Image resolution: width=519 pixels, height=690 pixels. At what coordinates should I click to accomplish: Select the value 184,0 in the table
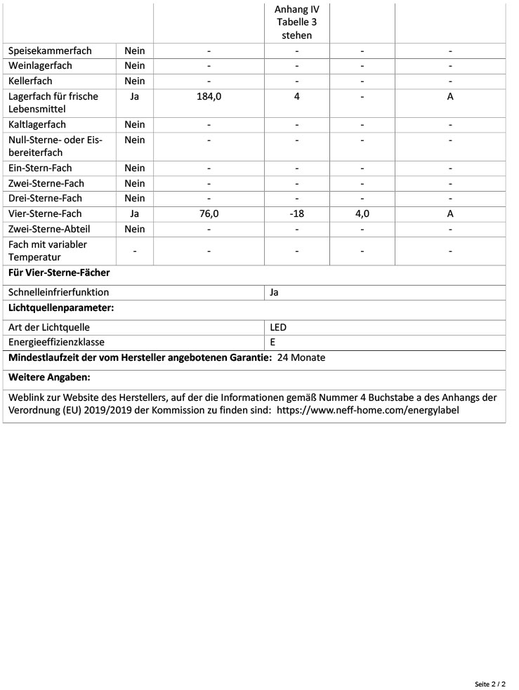[209, 97]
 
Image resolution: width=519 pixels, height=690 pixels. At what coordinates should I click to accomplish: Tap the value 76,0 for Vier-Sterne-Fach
[209, 214]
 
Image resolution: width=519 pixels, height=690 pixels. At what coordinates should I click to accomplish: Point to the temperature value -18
[296, 214]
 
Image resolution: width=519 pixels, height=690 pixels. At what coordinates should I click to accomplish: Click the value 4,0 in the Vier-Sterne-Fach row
[362, 214]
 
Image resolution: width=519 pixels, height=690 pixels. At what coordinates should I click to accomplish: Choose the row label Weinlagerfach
[40, 66]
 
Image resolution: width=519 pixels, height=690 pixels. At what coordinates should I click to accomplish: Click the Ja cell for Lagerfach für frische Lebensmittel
[134, 97]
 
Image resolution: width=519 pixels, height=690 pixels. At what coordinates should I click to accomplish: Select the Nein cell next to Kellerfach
[134, 81]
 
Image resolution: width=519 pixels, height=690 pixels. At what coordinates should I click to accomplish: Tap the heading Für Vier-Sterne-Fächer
[59, 272]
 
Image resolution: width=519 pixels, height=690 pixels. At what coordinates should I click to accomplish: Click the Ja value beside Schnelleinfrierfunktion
[275, 292]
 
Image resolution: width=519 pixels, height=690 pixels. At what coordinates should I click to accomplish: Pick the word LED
[278, 327]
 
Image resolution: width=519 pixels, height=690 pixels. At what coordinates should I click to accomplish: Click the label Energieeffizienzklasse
[56, 343]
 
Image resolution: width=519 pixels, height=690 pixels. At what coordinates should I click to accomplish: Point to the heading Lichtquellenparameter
[61, 307]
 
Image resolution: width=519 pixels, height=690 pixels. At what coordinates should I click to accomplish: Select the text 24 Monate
[301, 358]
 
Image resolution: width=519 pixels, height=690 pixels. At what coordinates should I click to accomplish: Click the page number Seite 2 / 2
[490, 683]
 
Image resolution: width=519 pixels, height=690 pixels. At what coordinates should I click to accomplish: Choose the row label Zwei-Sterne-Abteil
[49, 230]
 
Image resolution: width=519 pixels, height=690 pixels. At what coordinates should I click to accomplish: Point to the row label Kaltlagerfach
[37, 125]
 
